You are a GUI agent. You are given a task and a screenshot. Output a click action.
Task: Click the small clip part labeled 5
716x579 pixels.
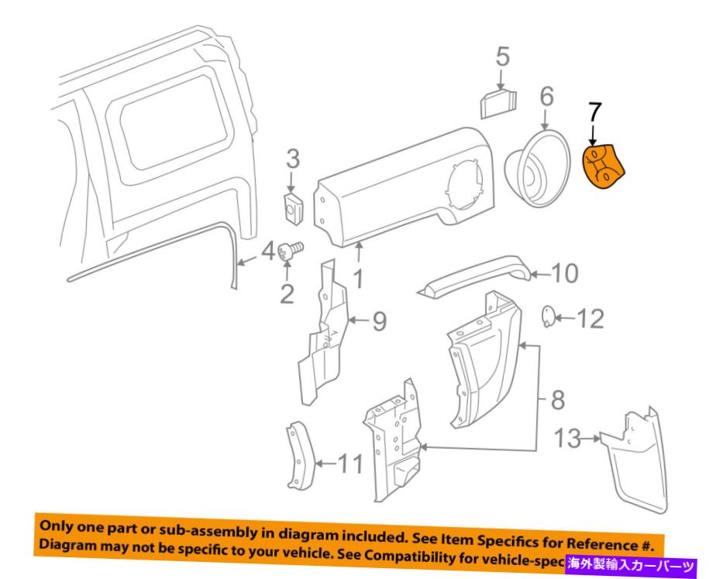tap(501, 102)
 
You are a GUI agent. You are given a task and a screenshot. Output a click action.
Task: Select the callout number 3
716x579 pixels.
tap(292, 161)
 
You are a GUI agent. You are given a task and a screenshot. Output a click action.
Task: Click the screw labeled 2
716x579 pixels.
tap(292, 249)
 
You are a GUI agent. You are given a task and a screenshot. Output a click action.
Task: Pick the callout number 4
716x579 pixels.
tap(266, 252)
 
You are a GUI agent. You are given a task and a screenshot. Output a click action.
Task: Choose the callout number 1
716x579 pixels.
tap(357, 276)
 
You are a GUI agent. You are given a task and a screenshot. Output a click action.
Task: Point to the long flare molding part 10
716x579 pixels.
tap(477, 277)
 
